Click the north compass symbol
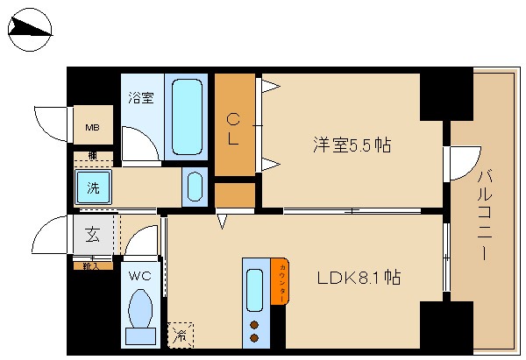click(x=31, y=31)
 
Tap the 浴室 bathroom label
click(x=141, y=98)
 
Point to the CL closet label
click(x=234, y=127)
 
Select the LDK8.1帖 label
click(x=359, y=278)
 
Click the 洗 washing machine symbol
click(x=92, y=186)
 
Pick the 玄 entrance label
click(x=92, y=235)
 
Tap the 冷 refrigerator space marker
click(x=180, y=335)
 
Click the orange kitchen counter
click(x=279, y=283)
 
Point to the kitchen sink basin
click(x=254, y=290)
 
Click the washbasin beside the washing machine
click(x=195, y=187)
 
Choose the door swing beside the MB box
click(x=51, y=123)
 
